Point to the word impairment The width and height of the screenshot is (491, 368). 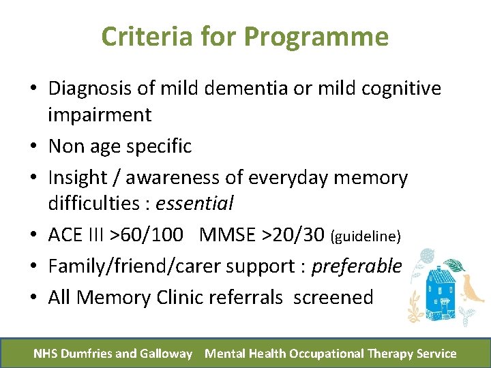[100, 114]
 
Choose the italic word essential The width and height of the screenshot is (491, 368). [195, 203]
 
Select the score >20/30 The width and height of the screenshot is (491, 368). [295, 235]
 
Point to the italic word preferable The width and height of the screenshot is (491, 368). [357, 266]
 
